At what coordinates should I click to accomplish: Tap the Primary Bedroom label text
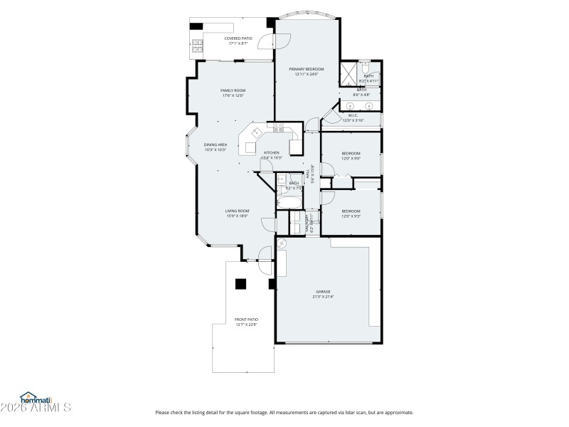tap(306, 69)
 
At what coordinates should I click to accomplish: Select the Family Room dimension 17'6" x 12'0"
tap(233, 95)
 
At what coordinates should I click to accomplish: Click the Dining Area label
tap(215, 144)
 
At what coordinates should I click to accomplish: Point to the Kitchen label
tap(272, 153)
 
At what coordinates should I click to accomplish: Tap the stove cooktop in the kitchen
tap(278, 129)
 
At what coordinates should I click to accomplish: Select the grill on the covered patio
tap(196, 47)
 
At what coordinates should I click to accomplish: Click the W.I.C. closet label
tap(353, 115)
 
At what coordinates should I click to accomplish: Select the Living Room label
tap(237, 211)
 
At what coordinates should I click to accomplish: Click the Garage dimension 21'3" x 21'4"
tap(324, 296)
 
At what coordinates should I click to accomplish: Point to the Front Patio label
tap(245, 320)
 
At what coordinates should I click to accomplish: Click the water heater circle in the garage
tap(282, 244)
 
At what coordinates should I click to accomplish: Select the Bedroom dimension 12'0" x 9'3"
tap(351, 216)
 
